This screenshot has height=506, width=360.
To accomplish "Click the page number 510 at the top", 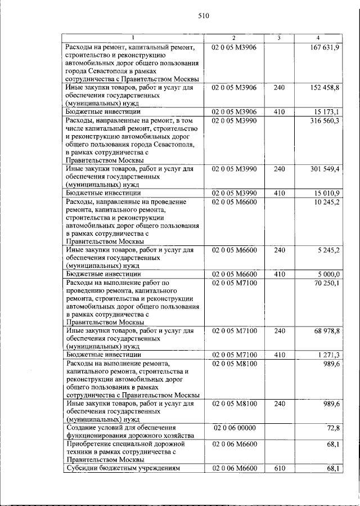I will click(204, 16).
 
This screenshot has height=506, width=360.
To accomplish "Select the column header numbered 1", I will click(133, 38).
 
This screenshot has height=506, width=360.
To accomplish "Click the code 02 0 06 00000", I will click(234, 428).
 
